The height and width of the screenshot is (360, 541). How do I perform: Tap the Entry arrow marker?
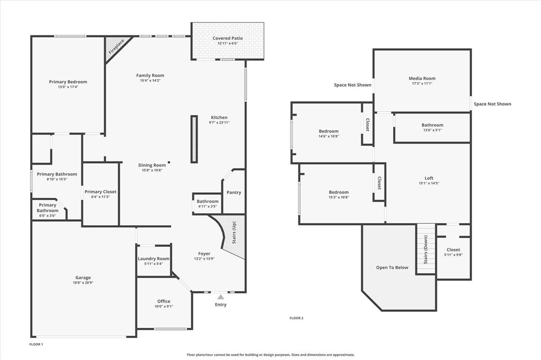coord(220,298)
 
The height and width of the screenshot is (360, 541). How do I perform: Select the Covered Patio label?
coord(227,38)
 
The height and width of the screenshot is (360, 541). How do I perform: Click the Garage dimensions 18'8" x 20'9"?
coord(82,283)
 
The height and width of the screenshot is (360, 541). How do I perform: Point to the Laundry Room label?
coord(154,259)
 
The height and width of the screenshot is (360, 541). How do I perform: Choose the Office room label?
coord(164,301)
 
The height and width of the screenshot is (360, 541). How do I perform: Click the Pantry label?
coord(234,193)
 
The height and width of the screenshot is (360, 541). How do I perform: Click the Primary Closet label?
coord(100,192)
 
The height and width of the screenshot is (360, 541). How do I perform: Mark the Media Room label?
coord(422,78)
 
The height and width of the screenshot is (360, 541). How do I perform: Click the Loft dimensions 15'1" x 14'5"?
coord(428,184)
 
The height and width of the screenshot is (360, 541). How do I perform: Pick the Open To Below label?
coord(392,268)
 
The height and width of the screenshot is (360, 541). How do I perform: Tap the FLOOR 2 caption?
coord(296,318)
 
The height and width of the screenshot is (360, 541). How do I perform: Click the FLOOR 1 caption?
coord(36,344)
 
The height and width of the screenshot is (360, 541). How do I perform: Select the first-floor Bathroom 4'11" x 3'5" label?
coord(208,201)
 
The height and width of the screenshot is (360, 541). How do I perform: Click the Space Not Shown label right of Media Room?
coord(492,104)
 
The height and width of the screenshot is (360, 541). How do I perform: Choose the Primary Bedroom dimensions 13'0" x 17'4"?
coord(68,87)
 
